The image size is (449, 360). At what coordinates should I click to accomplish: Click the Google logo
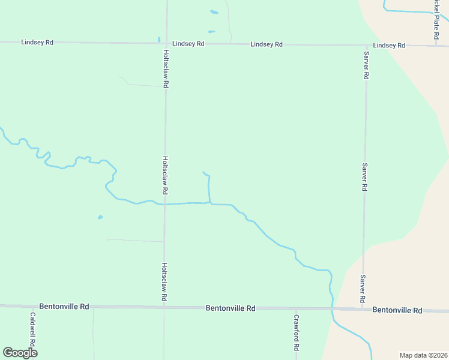(20, 352)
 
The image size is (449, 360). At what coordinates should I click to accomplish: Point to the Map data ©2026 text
(423, 355)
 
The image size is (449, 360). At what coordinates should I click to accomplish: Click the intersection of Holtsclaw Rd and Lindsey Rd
(166, 43)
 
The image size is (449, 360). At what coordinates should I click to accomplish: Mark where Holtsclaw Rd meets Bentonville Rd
(164, 307)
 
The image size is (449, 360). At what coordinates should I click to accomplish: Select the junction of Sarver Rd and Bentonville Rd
(363, 309)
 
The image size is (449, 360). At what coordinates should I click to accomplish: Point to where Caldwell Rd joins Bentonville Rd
(33, 306)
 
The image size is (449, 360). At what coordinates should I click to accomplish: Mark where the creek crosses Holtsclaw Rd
(165, 204)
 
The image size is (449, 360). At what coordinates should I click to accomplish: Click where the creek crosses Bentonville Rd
(331, 308)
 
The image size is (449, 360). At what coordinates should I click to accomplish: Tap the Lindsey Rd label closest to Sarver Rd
(389, 46)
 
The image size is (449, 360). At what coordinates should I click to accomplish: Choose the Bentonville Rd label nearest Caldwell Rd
(64, 306)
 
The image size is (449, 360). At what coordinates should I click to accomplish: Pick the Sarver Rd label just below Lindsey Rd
(366, 65)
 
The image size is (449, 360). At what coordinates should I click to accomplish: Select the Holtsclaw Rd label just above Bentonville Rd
(164, 281)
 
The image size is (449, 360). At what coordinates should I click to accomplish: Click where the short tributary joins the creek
(209, 203)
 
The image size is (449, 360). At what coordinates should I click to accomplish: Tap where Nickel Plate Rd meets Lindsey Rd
(436, 45)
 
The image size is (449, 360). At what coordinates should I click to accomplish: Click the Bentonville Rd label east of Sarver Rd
(397, 310)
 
